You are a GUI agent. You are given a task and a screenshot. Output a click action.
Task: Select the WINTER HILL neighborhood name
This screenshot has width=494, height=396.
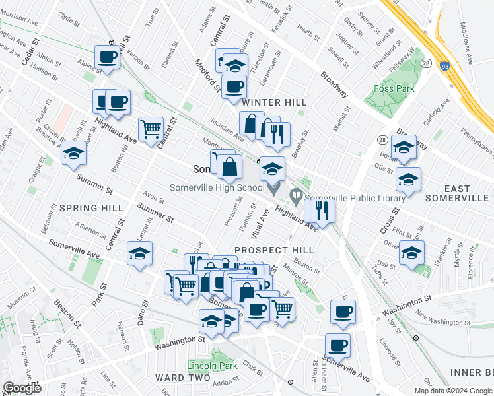[274, 102]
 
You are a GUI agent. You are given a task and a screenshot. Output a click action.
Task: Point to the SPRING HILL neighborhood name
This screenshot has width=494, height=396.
[91, 208]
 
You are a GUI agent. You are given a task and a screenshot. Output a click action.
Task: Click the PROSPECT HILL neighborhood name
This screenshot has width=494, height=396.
[271, 250]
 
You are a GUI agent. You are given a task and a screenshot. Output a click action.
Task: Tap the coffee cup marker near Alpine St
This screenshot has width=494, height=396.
[107, 57]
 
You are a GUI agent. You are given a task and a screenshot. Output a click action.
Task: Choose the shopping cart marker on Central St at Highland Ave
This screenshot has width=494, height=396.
[151, 128]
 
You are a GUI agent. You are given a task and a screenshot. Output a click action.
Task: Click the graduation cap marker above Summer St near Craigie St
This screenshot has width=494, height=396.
[73, 153]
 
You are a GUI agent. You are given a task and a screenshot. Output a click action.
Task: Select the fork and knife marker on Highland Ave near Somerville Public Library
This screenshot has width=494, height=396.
[323, 211]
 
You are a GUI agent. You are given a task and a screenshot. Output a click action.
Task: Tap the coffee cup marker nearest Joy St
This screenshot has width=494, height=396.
[342, 312]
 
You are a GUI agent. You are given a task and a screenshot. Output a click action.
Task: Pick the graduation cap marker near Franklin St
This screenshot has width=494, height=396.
[411, 252]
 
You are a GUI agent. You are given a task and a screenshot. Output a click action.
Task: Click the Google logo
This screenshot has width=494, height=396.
[22, 388]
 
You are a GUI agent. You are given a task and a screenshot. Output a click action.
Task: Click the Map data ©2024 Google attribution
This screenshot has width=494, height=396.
[453, 391]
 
